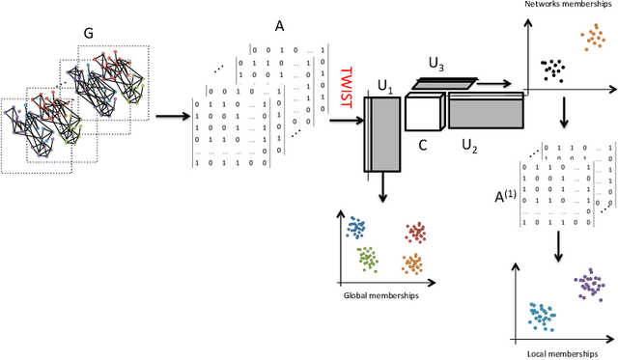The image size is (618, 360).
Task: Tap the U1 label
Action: (x=386, y=88)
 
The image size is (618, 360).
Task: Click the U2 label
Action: (x=470, y=144)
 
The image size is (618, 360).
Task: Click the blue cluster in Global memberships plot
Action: (x=356, y=228)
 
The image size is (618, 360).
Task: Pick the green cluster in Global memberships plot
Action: (x=367, y=258)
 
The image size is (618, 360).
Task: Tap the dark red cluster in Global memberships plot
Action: (x=415, y=232)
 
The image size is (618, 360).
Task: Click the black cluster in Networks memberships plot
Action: (x=553, y=69)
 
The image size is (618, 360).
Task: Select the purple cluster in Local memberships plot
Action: (x=589, y=284)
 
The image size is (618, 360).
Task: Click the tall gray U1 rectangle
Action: (x=382, y=135)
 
